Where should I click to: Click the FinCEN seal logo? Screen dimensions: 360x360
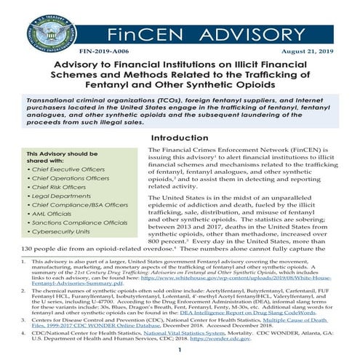(51, 29)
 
